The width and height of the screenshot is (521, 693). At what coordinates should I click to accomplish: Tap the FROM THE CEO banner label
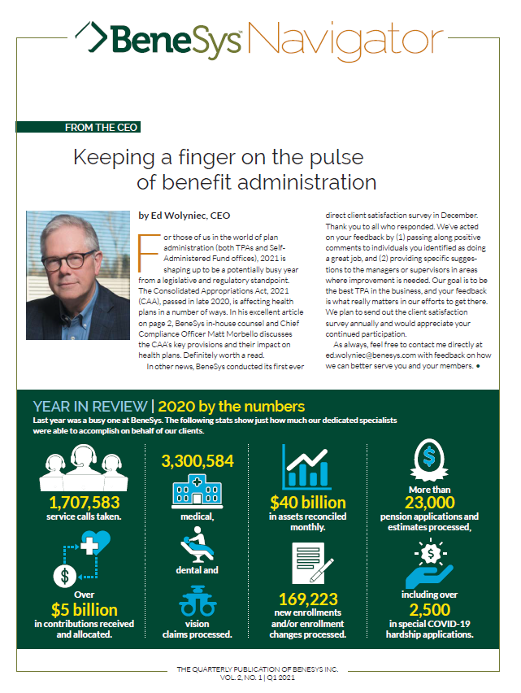(x=102, y=127)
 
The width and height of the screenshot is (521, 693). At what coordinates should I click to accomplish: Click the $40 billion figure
(x=307, y=503)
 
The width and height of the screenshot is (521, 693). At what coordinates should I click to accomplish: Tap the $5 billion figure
(x=84, y=609)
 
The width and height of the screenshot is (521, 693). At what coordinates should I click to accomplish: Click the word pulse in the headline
(x=335, y=156)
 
